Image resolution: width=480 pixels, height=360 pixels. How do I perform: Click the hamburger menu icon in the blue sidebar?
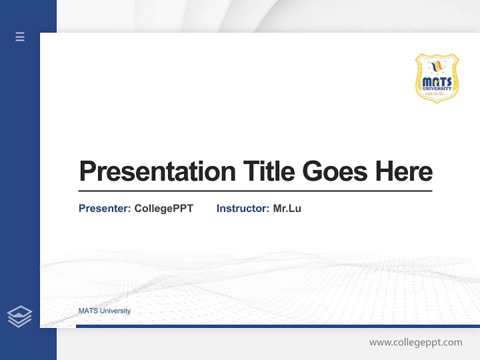click(x=20, y=36)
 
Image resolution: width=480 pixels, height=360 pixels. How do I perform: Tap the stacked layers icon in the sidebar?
click(x=19, y=316)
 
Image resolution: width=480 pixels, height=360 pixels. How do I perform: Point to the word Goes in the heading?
click(x=335, y=171)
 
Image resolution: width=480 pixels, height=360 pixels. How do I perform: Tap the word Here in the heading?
click(x=404, y=171)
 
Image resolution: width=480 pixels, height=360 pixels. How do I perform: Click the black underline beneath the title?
click(x=255, y=190)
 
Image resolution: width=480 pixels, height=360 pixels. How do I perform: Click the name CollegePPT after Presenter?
click(x=163, y=208)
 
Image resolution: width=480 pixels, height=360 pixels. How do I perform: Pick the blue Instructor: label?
click(x=243, y=208)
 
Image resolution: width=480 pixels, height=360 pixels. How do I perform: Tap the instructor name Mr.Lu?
click(x=287, y=208)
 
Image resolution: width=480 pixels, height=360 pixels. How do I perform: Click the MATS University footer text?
click(x=104, y=311)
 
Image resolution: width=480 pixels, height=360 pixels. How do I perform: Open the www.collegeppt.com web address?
click(x=415, y=342)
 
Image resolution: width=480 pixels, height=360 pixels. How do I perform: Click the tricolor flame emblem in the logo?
click(x=437, y=66)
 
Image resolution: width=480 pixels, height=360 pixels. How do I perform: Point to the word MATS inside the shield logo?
click(x=437, y=81)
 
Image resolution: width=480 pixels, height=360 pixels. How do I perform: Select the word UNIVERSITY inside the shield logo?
click(x=437, y=88)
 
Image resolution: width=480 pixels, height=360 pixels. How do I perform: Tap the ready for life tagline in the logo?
click(x=437, y=93)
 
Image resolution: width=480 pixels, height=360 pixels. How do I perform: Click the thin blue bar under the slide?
click(x=277, y=326)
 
